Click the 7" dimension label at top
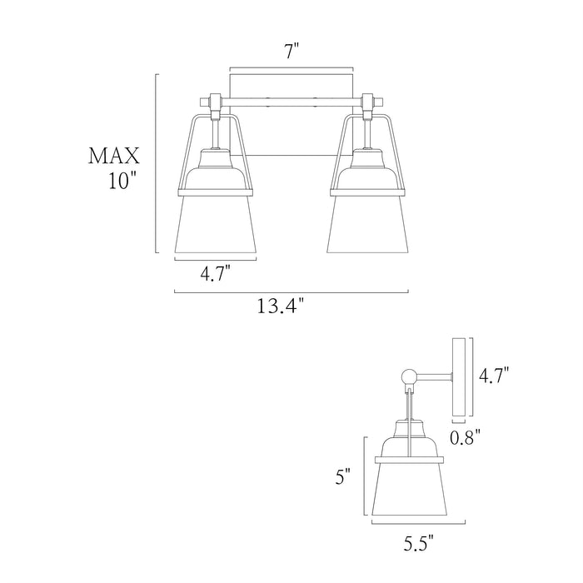click(291, 52)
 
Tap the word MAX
click(114, 156)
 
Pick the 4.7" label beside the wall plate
click(492, 376)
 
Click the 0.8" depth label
click(466, 436)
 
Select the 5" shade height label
click(344, 476)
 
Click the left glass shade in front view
click(215, 225)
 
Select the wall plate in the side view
click(459, 376)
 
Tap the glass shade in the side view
click(408, 491)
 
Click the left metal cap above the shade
click(215, 171)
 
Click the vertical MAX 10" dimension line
click(157, 162)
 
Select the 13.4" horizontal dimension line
click(291, 292)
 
